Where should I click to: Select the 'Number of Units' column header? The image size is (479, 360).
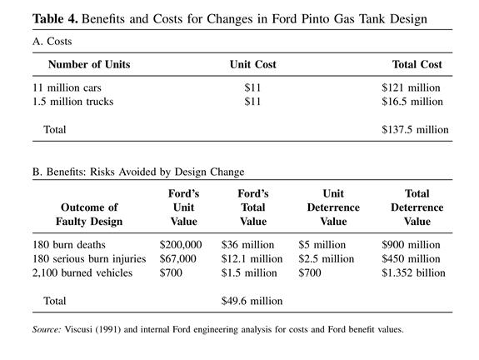[x=89, y=64]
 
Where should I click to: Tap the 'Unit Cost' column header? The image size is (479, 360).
[x=253, y=64]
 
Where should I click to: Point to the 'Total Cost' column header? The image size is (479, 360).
[x=417, y=64]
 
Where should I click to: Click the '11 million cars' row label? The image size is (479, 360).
[x=67, y=87]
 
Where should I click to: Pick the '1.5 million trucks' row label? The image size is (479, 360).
[x=73, y=102]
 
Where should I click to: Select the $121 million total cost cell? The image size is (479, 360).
[x=411, y=87]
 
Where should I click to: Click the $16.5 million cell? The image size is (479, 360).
[x=412, y=102]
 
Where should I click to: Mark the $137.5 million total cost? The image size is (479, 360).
[x=415, y=129]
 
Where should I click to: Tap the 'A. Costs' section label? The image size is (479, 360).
[x=52, y=42]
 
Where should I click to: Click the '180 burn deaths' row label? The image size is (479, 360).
[x=69, y=245]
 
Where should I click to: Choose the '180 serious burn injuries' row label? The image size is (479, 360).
[x=89, y=259]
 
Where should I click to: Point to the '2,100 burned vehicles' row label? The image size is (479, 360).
[x=82, y=272]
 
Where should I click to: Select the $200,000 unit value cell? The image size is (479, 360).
[x=181, y=245]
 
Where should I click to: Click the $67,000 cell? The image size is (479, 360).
[x=177, y=259]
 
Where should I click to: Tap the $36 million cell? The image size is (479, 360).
[x=247, y=245]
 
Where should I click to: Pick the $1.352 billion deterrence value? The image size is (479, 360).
[x=413, y=272]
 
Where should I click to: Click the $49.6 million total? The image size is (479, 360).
[x=252, y=301]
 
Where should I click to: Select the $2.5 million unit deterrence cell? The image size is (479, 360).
[x=327, y=259]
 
